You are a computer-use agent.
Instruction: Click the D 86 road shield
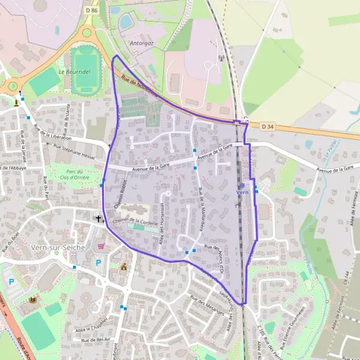click(91, 10)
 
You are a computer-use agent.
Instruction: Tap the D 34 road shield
click(268, 126)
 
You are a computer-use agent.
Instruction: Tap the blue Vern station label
click(242, 192)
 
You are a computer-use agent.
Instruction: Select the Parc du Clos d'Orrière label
click(74, 175)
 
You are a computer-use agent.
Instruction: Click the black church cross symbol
click(99, 218)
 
